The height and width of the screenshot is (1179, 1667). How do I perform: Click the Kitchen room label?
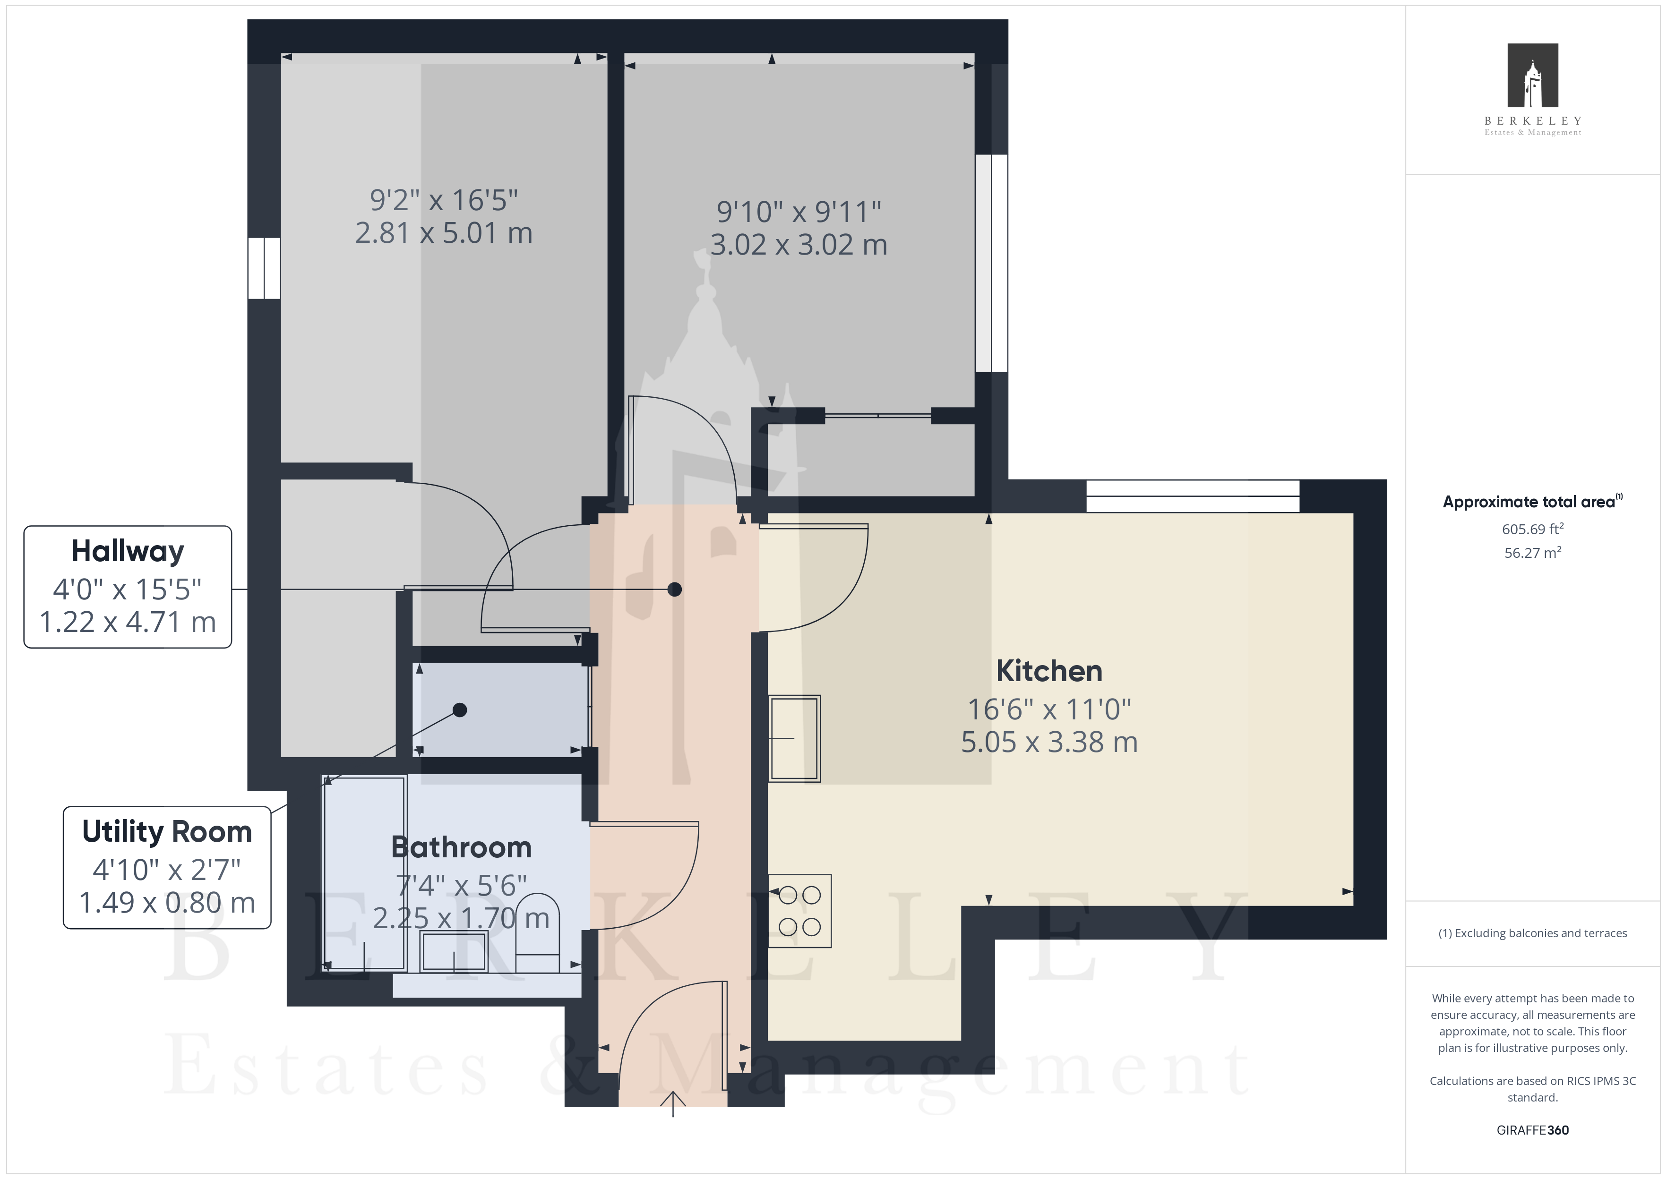[1049, 671]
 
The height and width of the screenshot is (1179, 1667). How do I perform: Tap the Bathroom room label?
[461, 847]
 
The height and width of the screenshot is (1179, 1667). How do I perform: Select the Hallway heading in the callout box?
[128, 552]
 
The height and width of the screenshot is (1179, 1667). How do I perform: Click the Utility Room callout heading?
[167, 832]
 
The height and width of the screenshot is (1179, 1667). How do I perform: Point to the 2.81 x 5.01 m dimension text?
[444, 233]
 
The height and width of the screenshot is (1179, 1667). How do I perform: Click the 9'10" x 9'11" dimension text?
[799, 212]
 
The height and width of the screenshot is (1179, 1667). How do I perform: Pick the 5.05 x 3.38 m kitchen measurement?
[1049, 742]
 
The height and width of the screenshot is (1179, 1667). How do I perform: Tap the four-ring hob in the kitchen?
[799, 911]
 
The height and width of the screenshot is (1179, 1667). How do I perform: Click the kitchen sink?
[794, 738]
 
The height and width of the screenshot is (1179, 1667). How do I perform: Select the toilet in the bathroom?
[537, 933]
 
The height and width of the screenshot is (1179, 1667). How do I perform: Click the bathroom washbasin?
[454, 951]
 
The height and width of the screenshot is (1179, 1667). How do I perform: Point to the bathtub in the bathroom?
[364, 873]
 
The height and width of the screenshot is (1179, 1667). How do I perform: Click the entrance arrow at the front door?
[673, 1103]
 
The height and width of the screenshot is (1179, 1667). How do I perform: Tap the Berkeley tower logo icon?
[1533, 76]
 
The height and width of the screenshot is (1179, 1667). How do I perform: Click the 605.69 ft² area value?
[1533, 529]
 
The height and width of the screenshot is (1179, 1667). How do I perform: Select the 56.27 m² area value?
[1533, 553]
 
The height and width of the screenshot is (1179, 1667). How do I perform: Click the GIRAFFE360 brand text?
[1533, 1130]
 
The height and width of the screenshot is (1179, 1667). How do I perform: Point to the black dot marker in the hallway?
[674, 589]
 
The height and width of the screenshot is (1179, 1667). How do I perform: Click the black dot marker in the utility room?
[460, 710]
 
